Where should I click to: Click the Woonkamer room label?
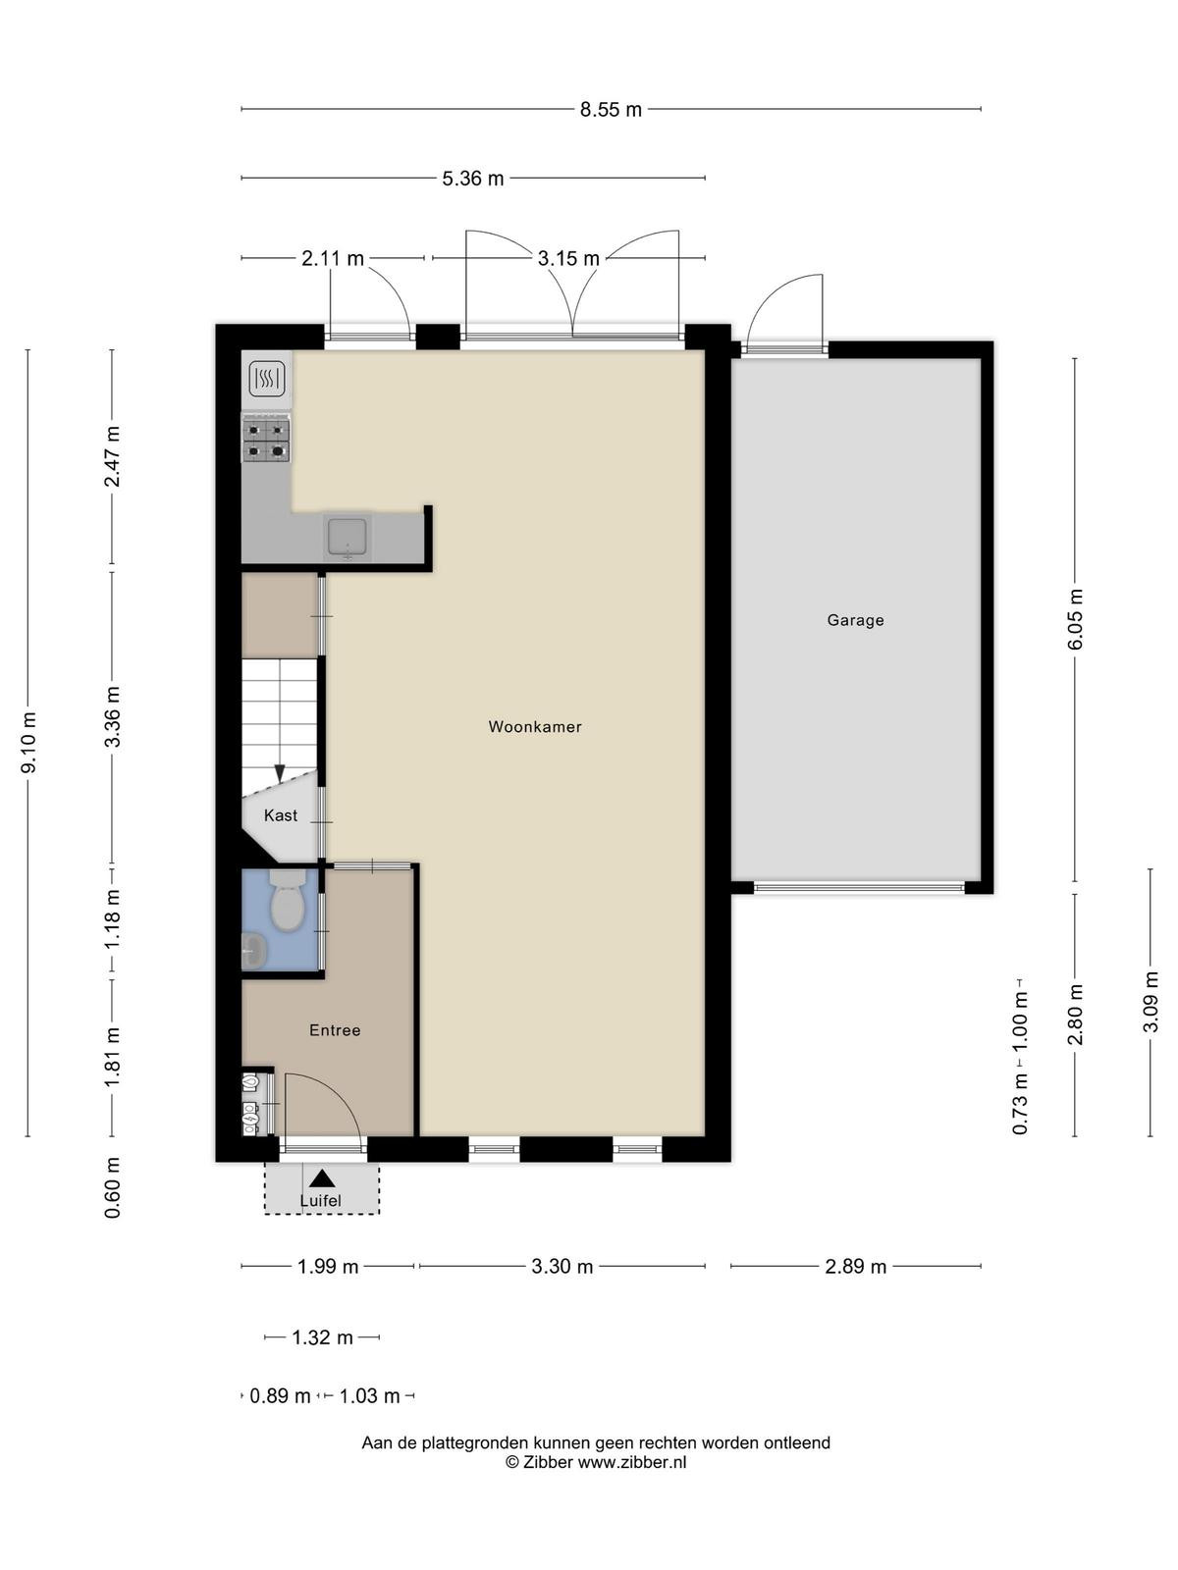coord(534,727)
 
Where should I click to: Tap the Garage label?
coord(855,620)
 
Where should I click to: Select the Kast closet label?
coord(281,815)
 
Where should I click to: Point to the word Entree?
coord(335,1030)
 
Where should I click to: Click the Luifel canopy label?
coord(320,1201)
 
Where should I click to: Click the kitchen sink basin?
coord(348,537)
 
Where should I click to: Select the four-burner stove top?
coord(267,441)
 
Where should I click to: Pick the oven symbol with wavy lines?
coord(267,379)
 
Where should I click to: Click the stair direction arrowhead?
coord(280,773)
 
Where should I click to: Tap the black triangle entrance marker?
coord(322,1178)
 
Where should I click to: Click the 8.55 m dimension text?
coord(611,110)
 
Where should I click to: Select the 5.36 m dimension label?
coord(473,179)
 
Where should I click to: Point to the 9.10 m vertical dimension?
coord(28,743)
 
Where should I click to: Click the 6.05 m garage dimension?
coord(1075,619)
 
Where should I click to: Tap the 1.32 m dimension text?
coord(323,1337)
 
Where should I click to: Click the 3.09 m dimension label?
coord(1151,1002)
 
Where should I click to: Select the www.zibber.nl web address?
coord(631,1462)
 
